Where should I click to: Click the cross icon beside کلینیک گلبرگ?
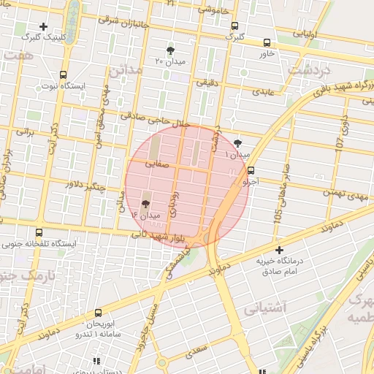(x=43, y=26)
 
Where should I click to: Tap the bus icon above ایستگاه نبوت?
(x=63, y=75)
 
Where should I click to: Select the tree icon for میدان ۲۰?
(x=171, y=50)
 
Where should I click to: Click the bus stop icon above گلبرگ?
(x=234, y=26)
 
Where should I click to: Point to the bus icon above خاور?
(x=267, y=43)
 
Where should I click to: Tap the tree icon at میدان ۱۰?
(x=238, y=143)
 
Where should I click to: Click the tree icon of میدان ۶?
(x=145, y=204)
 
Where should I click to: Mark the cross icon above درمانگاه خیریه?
(x=278, y=250)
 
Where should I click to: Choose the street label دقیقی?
(x=206, y=83)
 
